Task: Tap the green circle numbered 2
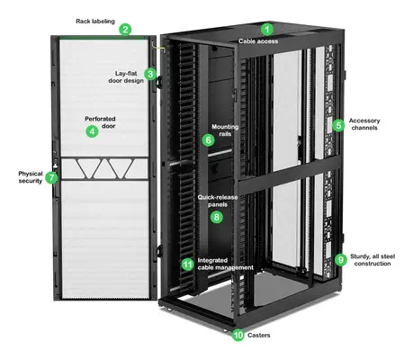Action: tap(126, 29)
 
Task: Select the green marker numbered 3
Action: tap(151, 74)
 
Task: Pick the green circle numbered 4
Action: tap(91, 131)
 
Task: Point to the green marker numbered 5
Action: tap(338, 125)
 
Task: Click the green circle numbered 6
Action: tap(209, 140)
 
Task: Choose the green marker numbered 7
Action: tap(51, 177)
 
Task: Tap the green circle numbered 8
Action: tap(216, 216)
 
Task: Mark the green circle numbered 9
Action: tap(340, 260)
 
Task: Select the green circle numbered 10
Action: tap(238, 335)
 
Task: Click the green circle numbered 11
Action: tap(187, 264)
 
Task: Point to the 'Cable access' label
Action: tap(258, 41)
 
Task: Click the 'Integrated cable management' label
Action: tap(224, 264)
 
